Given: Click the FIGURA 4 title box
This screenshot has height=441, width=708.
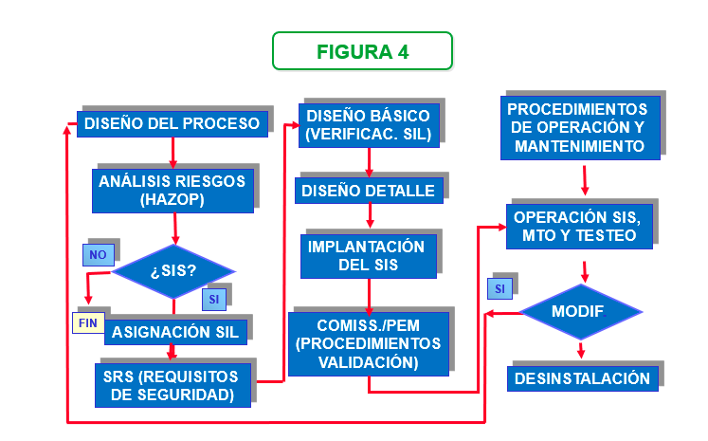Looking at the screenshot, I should coord(362,51).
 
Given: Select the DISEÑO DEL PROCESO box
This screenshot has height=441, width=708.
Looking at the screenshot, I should coord(172,124).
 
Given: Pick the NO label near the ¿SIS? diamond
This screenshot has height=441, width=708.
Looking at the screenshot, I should coord(97,254).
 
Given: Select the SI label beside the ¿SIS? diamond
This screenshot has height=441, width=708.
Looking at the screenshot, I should coord(214,299).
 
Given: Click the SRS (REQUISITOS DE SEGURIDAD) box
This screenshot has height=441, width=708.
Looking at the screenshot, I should coord(172,385).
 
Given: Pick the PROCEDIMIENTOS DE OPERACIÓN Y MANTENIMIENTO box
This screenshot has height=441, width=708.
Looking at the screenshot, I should coord(578,128).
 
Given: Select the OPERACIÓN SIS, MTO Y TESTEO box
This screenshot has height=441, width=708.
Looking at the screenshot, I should coord(577,226).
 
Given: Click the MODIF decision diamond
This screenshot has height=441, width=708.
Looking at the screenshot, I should coord(578,312).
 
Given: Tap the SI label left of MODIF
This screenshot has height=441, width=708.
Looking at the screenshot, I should coord(499,287).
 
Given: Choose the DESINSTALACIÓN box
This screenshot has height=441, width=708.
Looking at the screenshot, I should coord(582,379).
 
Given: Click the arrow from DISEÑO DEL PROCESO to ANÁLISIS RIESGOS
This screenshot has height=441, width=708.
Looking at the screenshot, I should coord(172,153).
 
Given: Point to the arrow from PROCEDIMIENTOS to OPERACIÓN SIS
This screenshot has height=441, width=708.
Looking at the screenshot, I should coord(584,179).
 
